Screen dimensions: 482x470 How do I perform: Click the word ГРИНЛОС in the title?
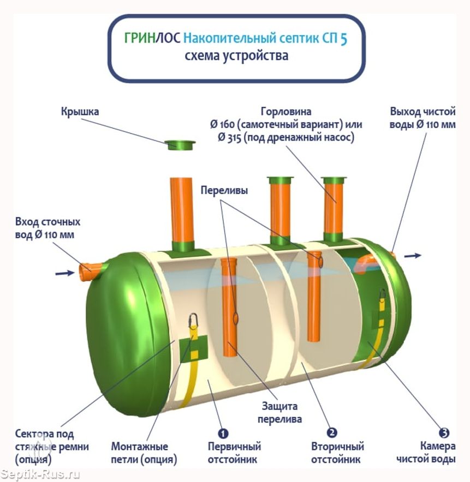152,39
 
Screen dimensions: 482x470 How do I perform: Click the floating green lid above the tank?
181,144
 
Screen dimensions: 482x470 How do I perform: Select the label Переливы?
224,191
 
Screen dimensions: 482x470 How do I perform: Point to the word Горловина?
286,112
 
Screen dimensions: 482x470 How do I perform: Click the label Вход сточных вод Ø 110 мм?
47,228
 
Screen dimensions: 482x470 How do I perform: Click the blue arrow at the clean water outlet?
413,255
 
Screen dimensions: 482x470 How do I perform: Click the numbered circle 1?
223,433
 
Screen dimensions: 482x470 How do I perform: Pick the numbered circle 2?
332,433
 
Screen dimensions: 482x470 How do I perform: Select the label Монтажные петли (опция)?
144,453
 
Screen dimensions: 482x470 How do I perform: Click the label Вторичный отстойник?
337,453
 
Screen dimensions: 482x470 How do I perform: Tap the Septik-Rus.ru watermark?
40,474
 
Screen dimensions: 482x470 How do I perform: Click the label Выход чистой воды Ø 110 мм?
423,118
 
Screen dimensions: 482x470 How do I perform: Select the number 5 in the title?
344,39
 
